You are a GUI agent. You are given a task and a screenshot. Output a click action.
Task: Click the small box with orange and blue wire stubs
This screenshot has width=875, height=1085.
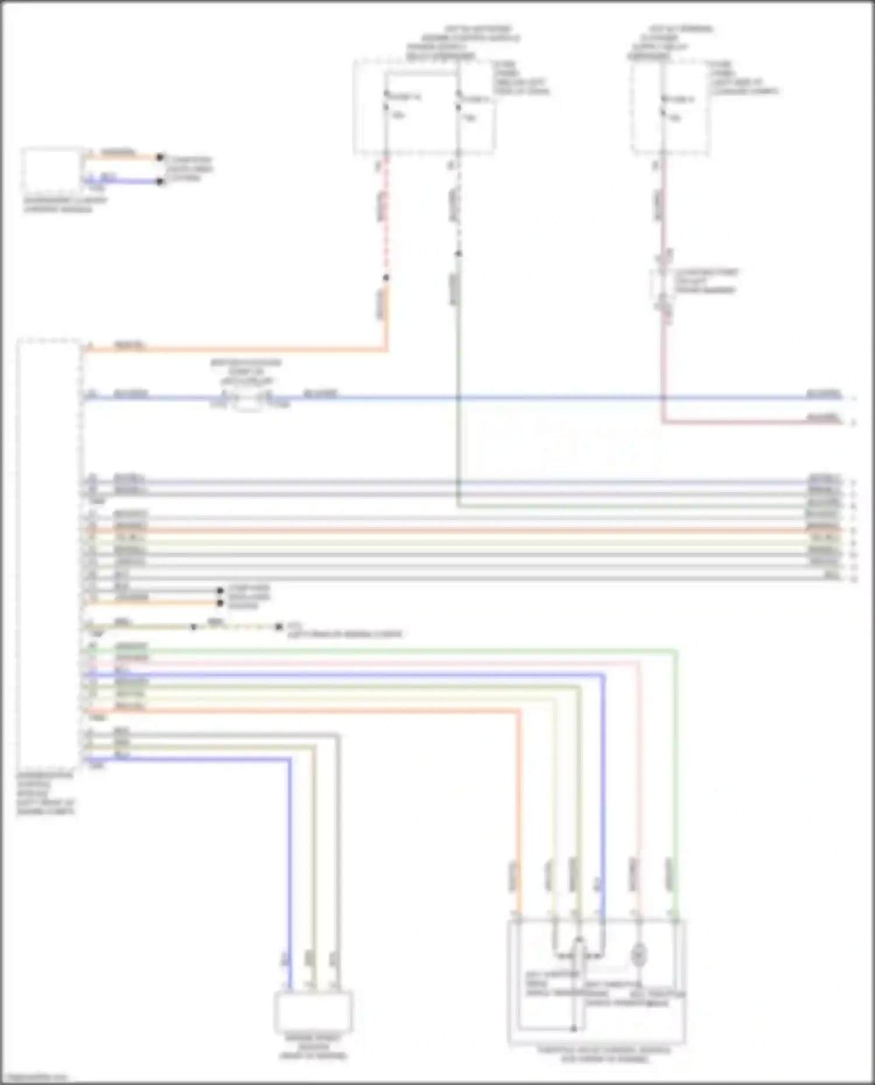(x=52, y=170)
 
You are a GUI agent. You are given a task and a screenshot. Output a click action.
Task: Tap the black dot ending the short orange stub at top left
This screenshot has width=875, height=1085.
(x=160, y=157)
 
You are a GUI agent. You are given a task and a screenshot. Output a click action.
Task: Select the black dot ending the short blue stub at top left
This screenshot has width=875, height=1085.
(x=160, y=181)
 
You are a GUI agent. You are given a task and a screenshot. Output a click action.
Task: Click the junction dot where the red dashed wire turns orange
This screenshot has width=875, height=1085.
(x=386, y=278)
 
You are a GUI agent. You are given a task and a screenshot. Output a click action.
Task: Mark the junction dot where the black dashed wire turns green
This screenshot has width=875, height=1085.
(x=459, y=254)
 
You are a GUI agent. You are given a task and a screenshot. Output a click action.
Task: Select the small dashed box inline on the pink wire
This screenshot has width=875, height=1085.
(x=663, y=286)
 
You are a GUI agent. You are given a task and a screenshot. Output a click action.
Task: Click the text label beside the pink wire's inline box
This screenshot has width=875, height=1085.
(x=706, y=281)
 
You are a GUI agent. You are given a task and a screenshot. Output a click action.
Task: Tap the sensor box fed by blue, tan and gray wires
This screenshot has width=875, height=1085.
(x=313, y=1012)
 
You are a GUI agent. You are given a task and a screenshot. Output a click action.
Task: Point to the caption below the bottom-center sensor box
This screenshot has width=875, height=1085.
(x=313, y=1047)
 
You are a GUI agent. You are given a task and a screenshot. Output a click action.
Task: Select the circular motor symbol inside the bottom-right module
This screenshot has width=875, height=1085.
(x=639, y=955)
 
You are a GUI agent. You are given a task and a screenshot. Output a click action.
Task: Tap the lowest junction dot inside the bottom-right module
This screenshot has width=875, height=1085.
(x=574, y=1028)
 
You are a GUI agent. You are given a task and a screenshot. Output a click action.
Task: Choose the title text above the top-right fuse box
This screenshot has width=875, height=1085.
(x=671, y=43)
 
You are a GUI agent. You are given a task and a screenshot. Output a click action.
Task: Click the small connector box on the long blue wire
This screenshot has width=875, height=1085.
(x=250, y=401)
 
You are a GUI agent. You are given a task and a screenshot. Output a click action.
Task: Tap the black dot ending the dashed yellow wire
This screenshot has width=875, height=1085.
(x=279, y=627)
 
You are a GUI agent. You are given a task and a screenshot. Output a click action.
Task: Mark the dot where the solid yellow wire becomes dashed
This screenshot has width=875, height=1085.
(x=194, y=627)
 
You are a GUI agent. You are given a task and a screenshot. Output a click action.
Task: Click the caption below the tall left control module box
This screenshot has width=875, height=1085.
(x=45, y=793)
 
